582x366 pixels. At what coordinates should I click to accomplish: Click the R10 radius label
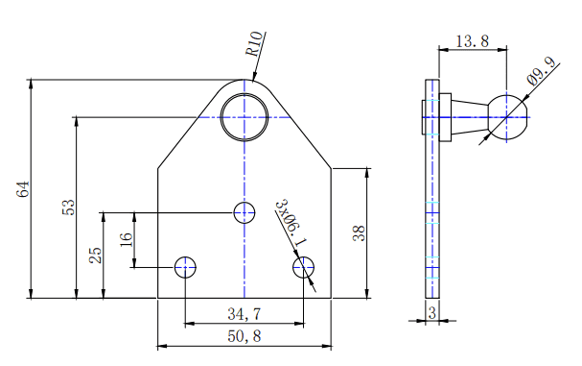tap(255, 44)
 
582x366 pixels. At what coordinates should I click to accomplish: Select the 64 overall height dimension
tap(23, 189)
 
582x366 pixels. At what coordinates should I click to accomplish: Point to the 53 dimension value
tap(68, 207)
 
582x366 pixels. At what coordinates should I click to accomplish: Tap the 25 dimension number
tap(95, 256)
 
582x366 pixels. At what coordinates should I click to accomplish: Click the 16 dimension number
tap(126, 239)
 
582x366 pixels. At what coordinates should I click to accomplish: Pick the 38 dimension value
tap(359, 233)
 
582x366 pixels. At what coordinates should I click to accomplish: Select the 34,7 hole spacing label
tap(244, 314)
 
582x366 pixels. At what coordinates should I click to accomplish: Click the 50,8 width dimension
tap(244, 336)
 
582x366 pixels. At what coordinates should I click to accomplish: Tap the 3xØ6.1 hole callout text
tap(291, 223)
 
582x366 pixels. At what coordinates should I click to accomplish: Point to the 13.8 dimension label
tap(472, 41)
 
